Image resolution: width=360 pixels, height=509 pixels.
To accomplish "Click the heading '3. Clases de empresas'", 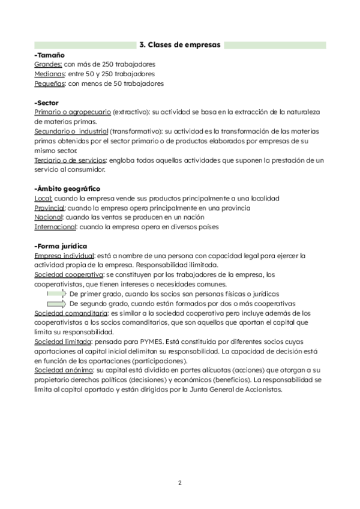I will tap(180, 45).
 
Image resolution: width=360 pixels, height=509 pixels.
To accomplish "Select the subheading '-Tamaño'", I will tap(50, 55).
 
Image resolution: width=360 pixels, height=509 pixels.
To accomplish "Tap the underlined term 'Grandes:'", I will tap(48, 64).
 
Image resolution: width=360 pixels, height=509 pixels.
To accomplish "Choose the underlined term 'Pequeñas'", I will tap(50, 83).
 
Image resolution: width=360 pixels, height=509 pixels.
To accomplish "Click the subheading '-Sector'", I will tap(47, 103).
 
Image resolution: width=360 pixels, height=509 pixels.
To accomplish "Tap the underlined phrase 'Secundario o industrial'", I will tap(71, 131).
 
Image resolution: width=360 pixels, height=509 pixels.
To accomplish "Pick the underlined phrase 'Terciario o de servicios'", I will tap(70, 160).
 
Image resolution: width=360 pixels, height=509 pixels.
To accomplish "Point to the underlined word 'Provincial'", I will tap(49, 208).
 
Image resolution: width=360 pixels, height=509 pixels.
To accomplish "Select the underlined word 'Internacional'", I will tap(55, 227).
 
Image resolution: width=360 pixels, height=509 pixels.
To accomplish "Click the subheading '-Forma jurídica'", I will tap(61, 246).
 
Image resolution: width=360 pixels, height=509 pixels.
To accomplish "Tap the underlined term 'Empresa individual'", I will tap(64, 256).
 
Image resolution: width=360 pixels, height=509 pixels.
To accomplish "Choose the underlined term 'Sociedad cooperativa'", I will tap(68, 275).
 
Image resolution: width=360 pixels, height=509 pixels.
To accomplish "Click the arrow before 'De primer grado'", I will tap(56, 294).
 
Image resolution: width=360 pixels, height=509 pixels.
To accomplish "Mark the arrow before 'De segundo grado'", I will tap(56, 304).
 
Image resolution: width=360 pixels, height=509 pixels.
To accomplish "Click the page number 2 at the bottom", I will tap(179, 483).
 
